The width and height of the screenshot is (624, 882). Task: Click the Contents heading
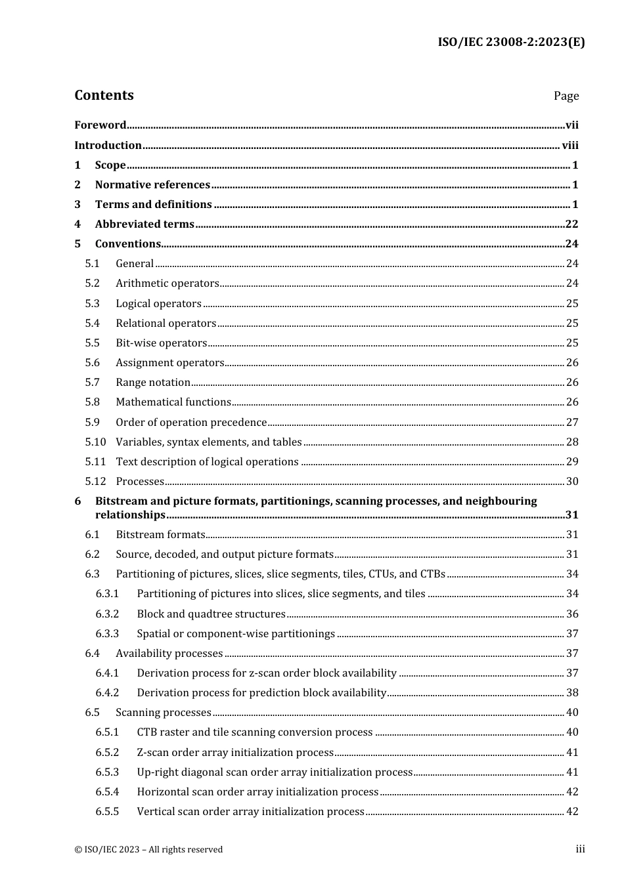coord(104,95)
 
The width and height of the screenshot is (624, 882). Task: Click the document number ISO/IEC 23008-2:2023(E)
coord(511,42)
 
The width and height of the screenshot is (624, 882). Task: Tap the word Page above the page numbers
coord(566,96)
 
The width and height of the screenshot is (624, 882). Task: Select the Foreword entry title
coord(100,125)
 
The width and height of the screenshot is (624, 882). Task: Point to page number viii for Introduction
coord(570,145)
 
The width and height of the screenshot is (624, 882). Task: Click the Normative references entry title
coord(152,184)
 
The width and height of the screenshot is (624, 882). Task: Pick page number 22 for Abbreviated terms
coord(571,224)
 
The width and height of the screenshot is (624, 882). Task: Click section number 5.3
coord(92,303)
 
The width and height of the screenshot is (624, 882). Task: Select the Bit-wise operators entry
coord(161,343)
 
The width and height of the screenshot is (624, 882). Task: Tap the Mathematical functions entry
coord(173,402)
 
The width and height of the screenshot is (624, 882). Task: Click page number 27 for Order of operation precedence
coord(571,422)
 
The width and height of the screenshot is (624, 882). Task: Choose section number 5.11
coord(95,461)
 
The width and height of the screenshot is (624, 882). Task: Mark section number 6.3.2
coord(107,614)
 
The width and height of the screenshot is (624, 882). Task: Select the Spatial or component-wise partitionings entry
coord(236,633)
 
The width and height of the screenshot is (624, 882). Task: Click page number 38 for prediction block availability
coord(571,692)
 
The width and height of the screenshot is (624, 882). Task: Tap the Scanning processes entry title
coord(164,712)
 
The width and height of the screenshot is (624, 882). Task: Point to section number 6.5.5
coord(107,811)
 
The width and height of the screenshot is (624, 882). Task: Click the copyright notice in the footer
coord(148,849)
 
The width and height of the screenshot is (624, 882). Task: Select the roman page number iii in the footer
coord(580,849)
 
